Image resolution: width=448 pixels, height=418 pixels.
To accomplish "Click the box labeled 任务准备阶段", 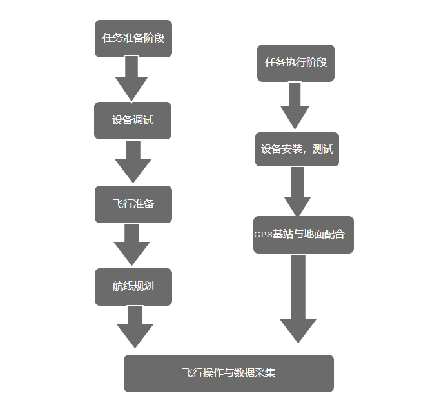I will [x=133, y=38].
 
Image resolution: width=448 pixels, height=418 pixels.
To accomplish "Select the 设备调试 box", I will [x=133, y=121].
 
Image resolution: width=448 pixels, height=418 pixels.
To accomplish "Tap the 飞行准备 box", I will [x=133, y=204].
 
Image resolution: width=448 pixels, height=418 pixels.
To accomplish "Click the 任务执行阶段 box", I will [x=296, y=63].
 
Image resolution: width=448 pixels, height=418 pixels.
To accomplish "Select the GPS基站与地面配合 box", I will [x=304, y=235].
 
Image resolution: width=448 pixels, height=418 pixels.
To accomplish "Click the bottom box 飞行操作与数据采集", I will [x=229, y=373].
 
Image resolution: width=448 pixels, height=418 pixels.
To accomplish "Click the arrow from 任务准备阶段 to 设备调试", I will [x=131, y=78].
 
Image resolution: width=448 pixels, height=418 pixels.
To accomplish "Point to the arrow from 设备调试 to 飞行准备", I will [x=133, y=162].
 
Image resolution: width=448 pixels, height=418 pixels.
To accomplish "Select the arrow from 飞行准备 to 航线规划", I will [x=132, y=244].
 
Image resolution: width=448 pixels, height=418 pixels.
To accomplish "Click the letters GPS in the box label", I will [x=264, y=235].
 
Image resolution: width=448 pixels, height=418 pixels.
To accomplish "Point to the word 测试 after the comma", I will [x=323, y=150].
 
